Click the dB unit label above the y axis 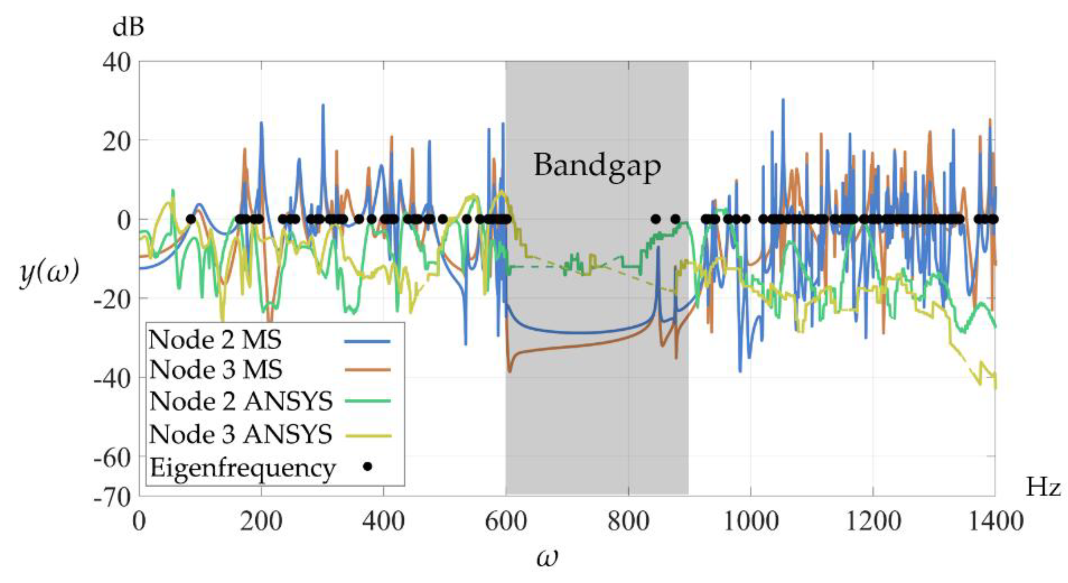coord(128,28)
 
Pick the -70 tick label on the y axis coord(112,497)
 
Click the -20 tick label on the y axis coord(112,300)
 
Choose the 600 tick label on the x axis coord(506,521)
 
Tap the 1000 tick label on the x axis coord(751,521)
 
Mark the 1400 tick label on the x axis coord(995,521)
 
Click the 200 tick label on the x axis coord(261,521)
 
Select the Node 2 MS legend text coord(215,340)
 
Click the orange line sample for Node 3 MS coord(367,369)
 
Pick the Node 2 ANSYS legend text coord(241,401)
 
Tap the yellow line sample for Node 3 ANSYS coord(367,436)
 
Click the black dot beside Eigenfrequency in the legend coord(367,467)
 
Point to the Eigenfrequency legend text coord(242,468)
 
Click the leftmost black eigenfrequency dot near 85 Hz coord(191,219)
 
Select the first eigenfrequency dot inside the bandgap coord(656,219)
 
